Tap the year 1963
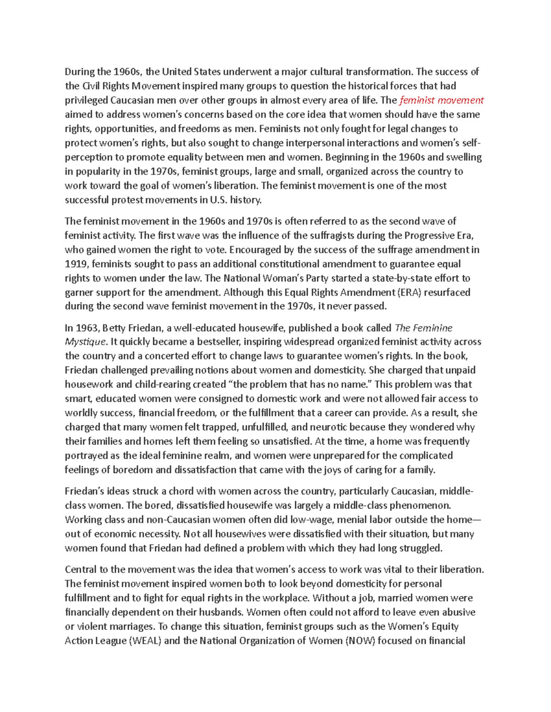click(x=88, y=328)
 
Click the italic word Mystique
click(x=85, y=342)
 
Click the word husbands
click(x=219, y=613)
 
